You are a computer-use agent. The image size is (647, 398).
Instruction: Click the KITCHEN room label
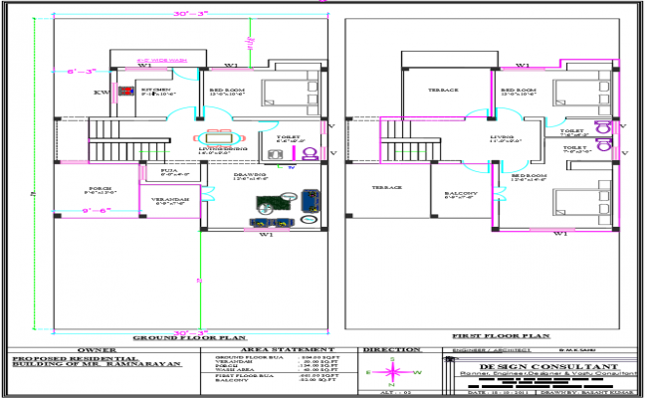tap(159, 90)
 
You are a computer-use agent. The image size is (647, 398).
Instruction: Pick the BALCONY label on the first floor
tap(461, 193)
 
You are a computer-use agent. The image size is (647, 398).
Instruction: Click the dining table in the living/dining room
tap(216, 138)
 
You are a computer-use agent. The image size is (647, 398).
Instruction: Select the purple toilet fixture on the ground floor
tap(310, 154)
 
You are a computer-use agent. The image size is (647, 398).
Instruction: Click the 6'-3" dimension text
tap(81, 72)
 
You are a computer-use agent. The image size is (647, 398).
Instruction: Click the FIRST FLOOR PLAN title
tap(488, 337)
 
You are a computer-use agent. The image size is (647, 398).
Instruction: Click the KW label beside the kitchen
tap(101, 93)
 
